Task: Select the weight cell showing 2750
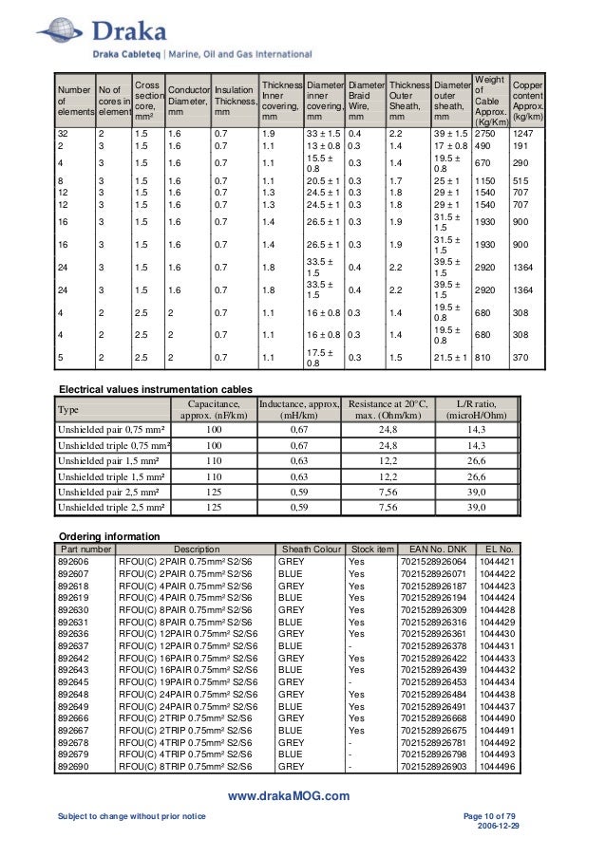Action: point(487,135)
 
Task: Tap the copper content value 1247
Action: point(525,135)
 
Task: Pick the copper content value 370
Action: point(521,360)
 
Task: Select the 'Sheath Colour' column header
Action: point(309,549)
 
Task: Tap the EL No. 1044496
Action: point(498,765)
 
